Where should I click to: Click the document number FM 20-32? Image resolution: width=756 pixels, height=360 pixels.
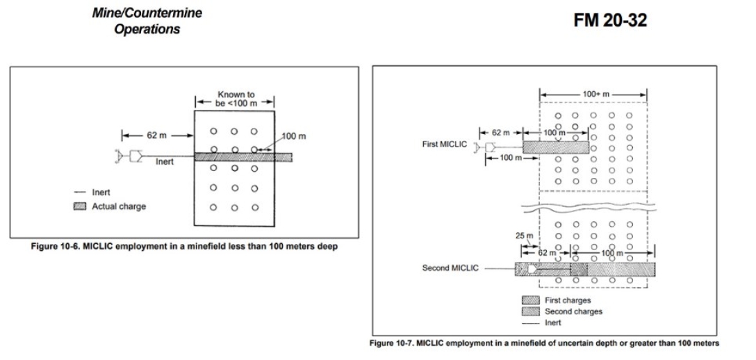coord(610,22)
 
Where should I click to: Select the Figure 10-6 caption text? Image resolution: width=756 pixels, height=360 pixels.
coord(184,247)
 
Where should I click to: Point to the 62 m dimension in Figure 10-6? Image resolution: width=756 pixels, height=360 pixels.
coord(152,134)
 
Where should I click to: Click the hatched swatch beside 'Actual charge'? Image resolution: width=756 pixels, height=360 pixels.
coord(80,206)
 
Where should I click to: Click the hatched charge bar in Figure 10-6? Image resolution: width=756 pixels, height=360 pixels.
coord(243,158)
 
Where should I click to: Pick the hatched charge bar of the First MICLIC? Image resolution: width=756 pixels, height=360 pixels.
coord(555,147)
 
